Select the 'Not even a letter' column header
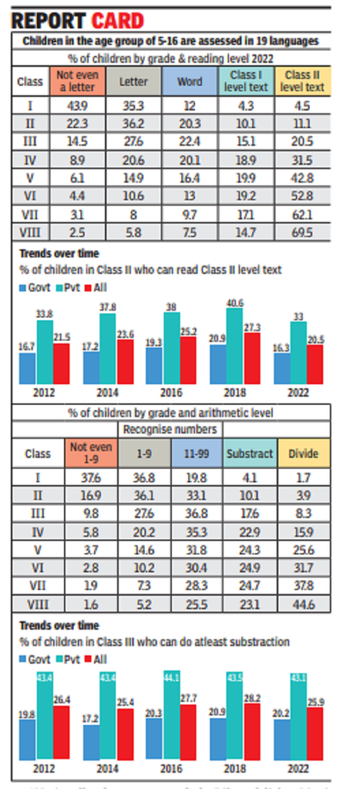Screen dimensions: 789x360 coord(80,80)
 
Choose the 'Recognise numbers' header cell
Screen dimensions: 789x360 coord(170,429)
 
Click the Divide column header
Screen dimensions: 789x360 coord(304,454)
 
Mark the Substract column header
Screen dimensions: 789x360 coord(250,454)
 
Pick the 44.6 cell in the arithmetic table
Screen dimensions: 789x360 coord(304,604)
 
